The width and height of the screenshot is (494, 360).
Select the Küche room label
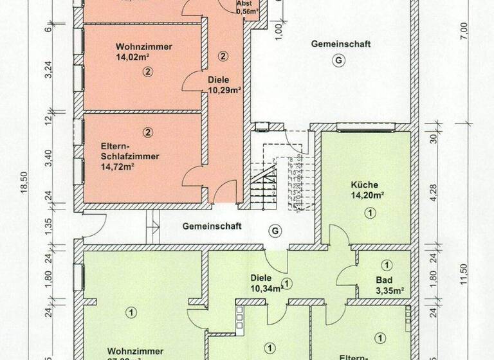click(x=365, y=184)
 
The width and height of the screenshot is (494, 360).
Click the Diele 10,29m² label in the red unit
click(x=224, y=85)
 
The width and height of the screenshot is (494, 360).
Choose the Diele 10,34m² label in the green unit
click(x=266, y=283)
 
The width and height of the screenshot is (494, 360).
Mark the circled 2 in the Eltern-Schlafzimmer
click(x=148, y=132)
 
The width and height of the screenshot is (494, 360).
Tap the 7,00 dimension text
click(x=464, y=30)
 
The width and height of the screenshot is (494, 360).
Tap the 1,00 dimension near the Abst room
click(x=278, y=30)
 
